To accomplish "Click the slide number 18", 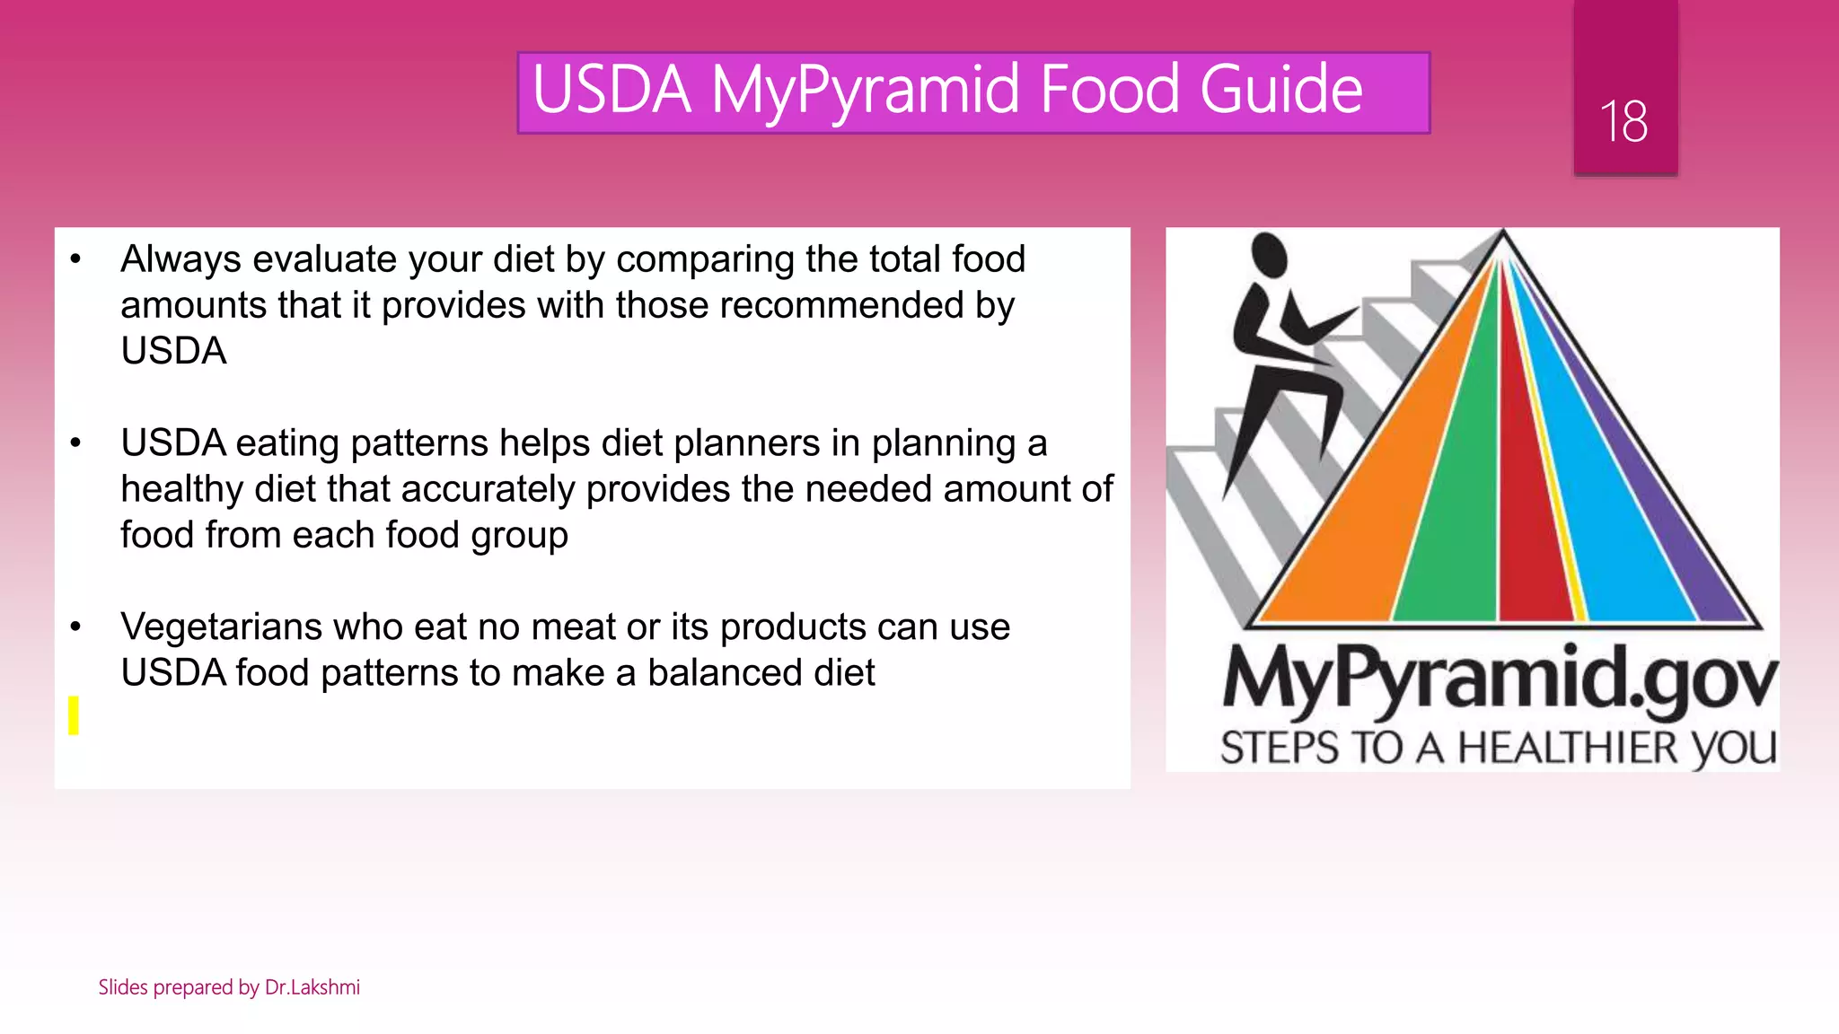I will [x=1623, y=121].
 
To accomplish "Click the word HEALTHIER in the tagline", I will [x=1567, y=748].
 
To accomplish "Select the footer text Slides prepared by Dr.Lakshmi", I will [x=229, y=987].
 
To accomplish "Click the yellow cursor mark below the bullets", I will [x=74, y=715].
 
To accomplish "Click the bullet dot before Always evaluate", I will [x=75, y=260].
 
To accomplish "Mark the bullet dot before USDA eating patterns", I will [x=75, y=443].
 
